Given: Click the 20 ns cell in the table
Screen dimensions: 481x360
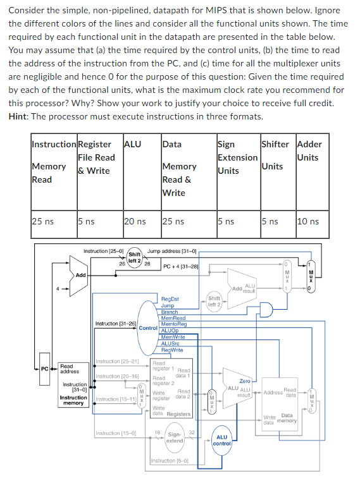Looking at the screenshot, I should pos(134,221).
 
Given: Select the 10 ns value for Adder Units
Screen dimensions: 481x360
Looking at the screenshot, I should pos(307,221).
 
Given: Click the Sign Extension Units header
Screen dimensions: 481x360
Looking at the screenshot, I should pos(237,157).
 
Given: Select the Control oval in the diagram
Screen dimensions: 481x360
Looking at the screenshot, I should pos(147,328).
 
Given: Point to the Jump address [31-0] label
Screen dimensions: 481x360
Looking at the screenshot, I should pos(173,251).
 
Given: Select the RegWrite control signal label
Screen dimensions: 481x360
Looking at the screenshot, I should pos(172,350).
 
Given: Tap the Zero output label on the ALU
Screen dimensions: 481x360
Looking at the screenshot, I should pos(244,381).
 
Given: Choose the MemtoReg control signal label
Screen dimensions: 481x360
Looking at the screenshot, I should pos(173,324).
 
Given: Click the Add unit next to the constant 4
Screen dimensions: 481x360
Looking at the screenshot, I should pos(80,276).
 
